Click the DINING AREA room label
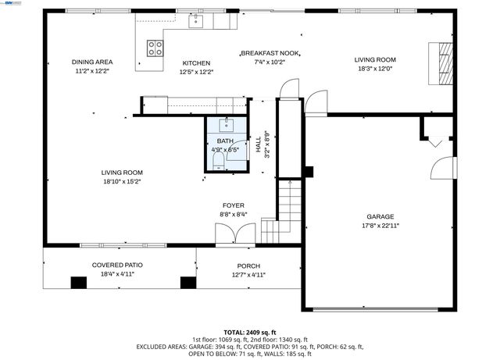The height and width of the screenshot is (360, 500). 92,62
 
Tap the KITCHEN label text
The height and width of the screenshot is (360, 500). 196,63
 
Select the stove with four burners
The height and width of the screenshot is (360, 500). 155,49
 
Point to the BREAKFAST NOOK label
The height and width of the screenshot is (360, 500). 270,53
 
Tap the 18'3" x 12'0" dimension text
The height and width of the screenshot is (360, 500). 375,69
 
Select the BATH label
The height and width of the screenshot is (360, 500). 225,141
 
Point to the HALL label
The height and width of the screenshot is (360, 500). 259,144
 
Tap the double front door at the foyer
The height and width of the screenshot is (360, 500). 234,233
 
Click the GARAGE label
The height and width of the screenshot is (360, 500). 380,216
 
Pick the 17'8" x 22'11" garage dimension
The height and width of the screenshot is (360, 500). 380,225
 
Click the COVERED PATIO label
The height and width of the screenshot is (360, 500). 117,265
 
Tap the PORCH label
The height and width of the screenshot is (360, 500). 249,266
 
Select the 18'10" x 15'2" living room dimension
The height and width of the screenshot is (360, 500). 121,181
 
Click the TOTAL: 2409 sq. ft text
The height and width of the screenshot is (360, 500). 249,332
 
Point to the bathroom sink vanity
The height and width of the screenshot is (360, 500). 227,123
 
